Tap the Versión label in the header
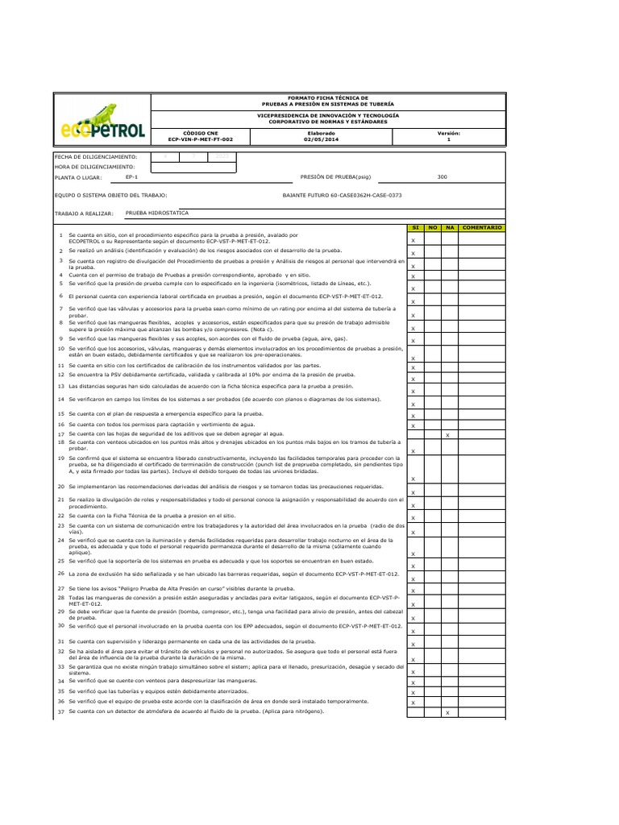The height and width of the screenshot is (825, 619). pos(449,133)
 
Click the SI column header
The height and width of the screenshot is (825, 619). pos(414,228)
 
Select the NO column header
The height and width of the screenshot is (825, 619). pos(432,228)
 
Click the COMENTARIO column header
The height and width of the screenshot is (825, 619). pos(482,228)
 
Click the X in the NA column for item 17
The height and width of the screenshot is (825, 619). pos(448,435)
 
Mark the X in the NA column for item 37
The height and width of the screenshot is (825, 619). pos(448,712)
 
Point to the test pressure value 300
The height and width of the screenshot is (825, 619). pos(442,176)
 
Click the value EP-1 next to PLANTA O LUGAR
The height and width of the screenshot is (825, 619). pos(132,176)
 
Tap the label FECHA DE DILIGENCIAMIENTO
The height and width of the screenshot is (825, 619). pos(96,156)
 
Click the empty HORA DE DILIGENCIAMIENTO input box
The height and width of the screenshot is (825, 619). pos(193,166)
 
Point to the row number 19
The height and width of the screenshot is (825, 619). pos(60,458)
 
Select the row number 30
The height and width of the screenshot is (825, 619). pos(60,624)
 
